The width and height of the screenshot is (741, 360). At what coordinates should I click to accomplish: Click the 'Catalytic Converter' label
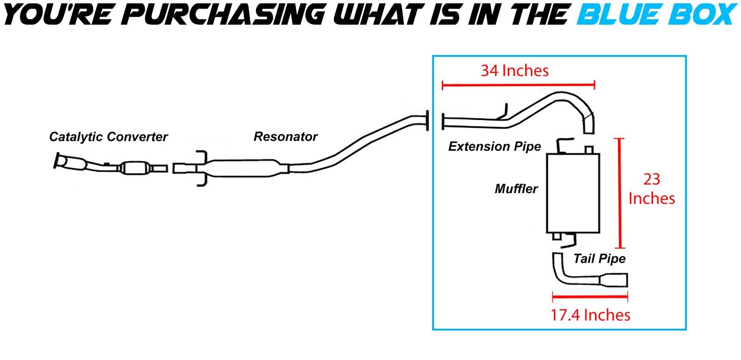coord(108,137)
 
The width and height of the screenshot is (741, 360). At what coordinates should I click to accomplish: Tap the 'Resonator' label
coord(285,137)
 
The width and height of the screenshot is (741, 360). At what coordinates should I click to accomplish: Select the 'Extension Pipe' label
coord(494,146)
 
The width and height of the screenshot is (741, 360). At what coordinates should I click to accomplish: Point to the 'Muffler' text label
coord(516,189)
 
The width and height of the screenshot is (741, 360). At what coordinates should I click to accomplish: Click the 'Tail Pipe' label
coord(599,259)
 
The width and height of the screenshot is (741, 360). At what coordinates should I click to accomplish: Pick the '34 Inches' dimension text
coord(515,70)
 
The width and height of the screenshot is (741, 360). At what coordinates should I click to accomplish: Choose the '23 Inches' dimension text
coord(651,189)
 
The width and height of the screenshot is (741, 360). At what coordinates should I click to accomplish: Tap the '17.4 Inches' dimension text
coord(590,315)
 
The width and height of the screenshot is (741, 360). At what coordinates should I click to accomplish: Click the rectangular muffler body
coord(573,192)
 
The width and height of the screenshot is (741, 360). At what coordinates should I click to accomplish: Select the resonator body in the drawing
coord(243,168)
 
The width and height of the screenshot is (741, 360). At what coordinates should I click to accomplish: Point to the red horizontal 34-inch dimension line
coord(518,85)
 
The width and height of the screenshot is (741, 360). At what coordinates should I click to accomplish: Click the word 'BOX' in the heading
coord(702,14)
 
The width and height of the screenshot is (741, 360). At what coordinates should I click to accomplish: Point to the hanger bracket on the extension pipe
coord(504,111)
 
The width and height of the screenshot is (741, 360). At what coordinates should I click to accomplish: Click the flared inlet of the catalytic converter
coord(61,161)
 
